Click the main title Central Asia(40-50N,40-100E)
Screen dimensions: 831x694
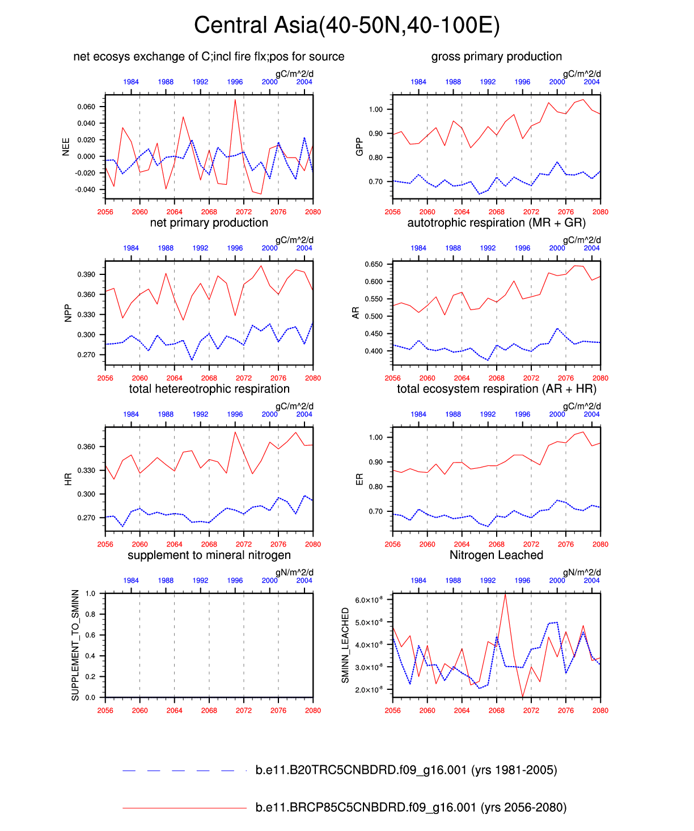point(346,26)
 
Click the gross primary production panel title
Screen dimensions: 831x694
point(496,57)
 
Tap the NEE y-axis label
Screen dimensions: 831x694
point(66,146)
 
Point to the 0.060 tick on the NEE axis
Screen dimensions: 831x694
point(87,107)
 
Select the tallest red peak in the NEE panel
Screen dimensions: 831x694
point(235,100)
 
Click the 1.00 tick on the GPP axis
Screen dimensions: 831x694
point(376,109)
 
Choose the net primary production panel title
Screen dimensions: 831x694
point(209,223)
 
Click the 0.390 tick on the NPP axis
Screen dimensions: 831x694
point(87,274)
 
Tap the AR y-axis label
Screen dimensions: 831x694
point(356,312)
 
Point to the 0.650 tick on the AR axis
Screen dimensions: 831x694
point(374,264)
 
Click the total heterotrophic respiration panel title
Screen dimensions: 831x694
point(209,389)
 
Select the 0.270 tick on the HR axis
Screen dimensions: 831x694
point(87,518)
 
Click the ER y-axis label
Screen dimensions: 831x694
point(359,479)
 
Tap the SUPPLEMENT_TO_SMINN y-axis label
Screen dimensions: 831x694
point(75,645)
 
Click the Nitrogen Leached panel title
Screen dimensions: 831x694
point(496,555)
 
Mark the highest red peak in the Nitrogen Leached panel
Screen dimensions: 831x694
point(505,593)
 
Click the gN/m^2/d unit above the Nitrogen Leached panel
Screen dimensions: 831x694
point(582,573)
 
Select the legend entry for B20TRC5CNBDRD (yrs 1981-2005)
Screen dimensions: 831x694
point(406,770)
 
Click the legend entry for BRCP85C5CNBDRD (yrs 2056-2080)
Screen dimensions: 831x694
point(411,808)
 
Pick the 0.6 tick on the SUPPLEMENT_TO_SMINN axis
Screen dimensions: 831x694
point(90,635)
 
